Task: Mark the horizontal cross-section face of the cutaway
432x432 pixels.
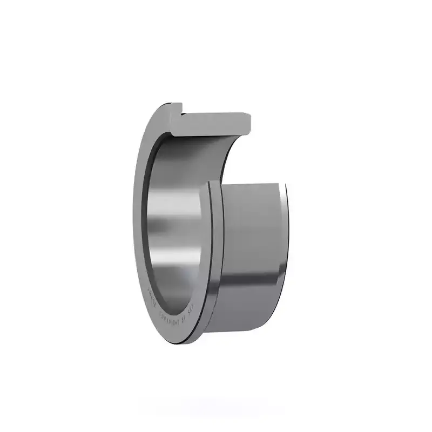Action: (216, 122)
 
